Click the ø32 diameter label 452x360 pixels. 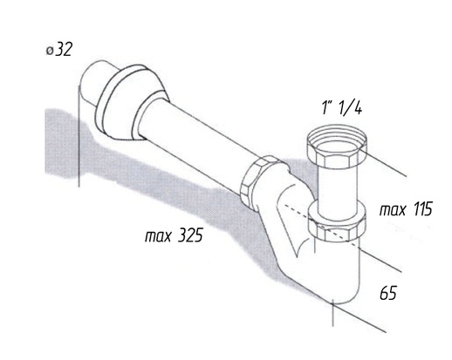(x=59, y=50)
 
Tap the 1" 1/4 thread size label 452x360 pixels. (x=342, y=107)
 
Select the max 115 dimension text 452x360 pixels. (x=406, y=209)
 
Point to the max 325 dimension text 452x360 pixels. (x=174, y=234)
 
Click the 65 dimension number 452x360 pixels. (x=388, y=293)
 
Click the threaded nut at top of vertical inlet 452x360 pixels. (x=337, y=146)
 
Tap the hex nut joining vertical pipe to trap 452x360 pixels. (x=337, y=222)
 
